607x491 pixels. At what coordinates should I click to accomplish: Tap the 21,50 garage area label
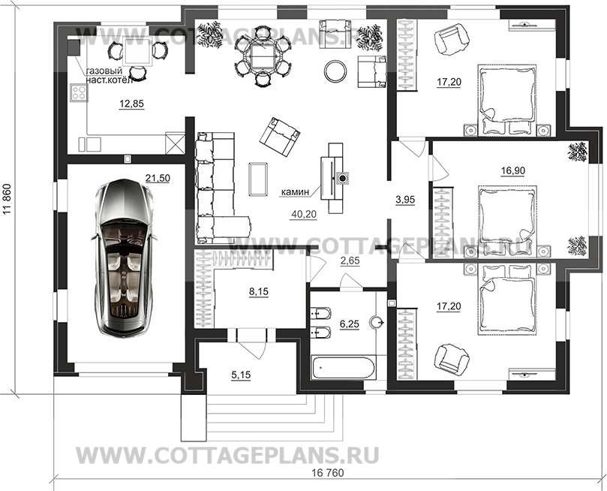coord(158,178)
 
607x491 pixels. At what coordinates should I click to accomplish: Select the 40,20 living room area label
coord(304,214)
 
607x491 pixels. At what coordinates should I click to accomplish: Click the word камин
coord(295,191)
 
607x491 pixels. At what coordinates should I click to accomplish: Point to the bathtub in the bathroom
coord(343,367)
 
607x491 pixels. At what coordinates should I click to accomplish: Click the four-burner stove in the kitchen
coord(79,93)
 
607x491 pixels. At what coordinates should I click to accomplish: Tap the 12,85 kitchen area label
coord(131,104)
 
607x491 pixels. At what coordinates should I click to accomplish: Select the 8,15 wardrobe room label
coord(259,292)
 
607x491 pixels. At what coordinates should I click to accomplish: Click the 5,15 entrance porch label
coord(241,375)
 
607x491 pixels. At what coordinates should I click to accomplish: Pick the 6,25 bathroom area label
coord(349,324)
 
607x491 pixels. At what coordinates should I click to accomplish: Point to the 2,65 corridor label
coord(350,261)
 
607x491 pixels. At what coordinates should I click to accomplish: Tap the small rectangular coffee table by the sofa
coord(259,179)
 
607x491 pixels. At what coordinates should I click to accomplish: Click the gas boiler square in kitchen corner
coord(73,47)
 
